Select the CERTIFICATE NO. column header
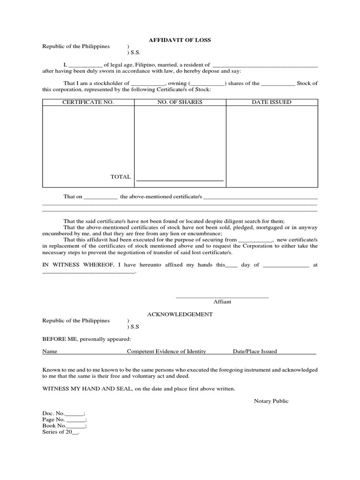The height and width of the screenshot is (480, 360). click(88, 102)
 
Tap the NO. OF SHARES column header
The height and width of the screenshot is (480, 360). click(180, 102)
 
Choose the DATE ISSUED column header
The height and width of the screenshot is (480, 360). click(271, 102)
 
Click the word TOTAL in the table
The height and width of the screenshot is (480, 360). click(120, 177)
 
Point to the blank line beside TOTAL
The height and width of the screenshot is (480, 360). click(180, 180)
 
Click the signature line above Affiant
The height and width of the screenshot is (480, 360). click(222, 297)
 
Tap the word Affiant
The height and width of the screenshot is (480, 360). click(222, 302)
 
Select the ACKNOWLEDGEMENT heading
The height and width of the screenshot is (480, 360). click(180, 315)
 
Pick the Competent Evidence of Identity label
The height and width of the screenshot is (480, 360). click(166, 351)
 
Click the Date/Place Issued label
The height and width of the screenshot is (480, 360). click(255, 351)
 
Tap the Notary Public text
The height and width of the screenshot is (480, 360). click(271, 401)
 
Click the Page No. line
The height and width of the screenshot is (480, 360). click(64, 420)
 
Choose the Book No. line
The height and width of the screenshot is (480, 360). click(64, 426)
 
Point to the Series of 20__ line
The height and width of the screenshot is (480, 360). click(61, 432)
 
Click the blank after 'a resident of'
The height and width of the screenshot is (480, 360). click(265, 65)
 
